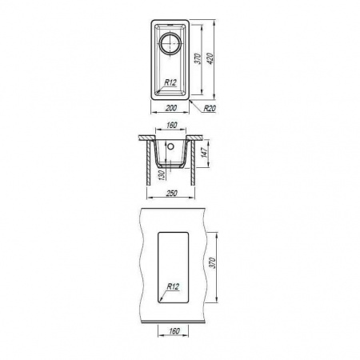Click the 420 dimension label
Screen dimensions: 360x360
210,58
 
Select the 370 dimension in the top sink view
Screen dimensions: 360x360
198,59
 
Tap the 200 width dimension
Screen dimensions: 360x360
171,108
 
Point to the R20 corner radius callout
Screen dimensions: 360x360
210,108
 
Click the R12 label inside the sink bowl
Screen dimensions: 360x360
170,82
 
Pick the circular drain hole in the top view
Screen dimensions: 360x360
170,43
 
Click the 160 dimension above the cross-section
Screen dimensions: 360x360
172,125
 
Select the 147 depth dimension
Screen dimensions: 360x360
205,153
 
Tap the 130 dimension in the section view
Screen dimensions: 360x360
162,175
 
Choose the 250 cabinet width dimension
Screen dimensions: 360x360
171,193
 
